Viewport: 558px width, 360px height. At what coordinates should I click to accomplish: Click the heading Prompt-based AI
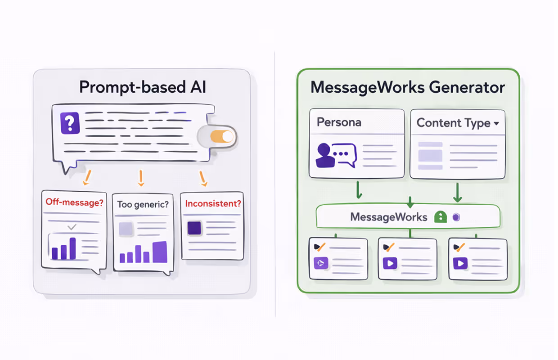coord(143,87)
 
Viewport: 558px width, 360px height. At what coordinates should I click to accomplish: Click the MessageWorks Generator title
coord(408,87)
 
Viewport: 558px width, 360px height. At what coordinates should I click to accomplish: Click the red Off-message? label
coord(74,202)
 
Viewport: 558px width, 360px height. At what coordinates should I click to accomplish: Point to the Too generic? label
coord(143,204)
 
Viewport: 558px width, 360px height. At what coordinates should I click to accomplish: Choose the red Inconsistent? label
coord(213,203)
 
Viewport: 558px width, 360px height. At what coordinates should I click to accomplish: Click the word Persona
coord(339,122)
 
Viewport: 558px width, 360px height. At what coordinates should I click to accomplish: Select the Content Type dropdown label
coord(458,123)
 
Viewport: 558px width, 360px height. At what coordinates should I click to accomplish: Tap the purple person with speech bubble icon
coord(336,156)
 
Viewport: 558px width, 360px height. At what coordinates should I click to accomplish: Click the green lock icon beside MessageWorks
coord(440,217)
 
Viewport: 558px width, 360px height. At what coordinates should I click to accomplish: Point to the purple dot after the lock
coord(455,217)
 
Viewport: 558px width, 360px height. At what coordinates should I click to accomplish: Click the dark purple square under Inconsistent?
coord(194,228)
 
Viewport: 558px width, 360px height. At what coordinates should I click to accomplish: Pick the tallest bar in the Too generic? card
coord(160,252)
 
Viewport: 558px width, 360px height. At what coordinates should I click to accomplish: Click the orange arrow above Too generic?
coord(141,178)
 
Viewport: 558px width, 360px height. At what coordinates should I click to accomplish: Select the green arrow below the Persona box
coord(359,189)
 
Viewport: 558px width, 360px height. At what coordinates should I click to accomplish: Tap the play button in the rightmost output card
coord(460,263)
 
